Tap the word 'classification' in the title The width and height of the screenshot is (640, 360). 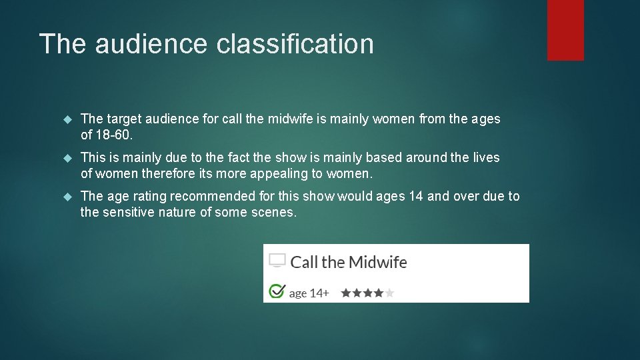[295, 44]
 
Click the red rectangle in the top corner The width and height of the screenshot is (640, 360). [565, 30]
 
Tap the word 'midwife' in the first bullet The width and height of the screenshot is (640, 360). [289, 119]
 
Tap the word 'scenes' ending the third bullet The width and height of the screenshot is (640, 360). [274, 212]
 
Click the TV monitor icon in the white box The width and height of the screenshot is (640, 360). [277, 261]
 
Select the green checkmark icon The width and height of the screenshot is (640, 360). [275, 291]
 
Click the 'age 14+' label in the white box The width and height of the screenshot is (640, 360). [309, 293]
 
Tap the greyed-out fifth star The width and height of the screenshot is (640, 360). [389, 293]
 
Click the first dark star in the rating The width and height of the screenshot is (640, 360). [345, 293]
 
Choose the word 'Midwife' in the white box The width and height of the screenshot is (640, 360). [377, 262]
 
